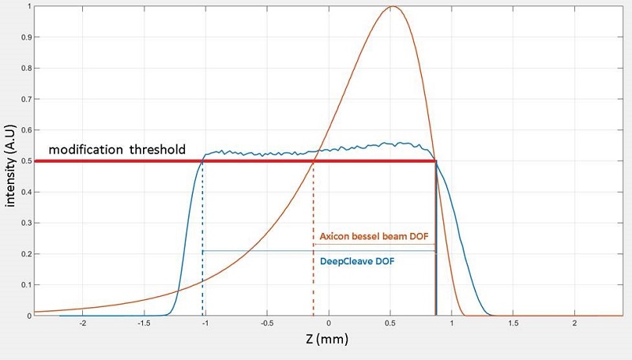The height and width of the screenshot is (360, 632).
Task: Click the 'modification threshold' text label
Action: [117, 149]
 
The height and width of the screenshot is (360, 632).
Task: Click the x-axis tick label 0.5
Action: [390, 324]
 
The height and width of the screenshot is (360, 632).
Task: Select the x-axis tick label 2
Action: [575, 324]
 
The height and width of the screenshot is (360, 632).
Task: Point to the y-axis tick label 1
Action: [29, 7]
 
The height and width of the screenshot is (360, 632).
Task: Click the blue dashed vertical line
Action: [203, 237]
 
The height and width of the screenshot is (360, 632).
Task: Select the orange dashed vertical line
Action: [314, 237]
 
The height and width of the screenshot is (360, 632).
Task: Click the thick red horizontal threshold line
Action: [237, 161]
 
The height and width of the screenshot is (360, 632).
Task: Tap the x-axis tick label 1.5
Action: [513, 324]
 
